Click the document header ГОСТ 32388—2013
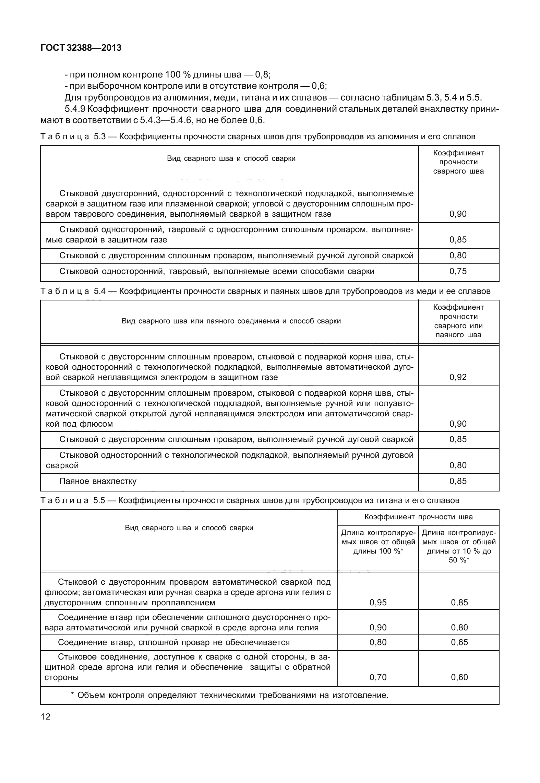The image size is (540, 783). pyautogui.click(x=81, y=48)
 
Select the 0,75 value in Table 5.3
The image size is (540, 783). pyautogui.click(x=458, y=271)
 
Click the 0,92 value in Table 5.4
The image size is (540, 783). pyautogui.click(x=458, y=377)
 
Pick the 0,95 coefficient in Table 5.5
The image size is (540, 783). pyautogui.click(x=378, y=603)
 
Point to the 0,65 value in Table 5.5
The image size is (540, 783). pyautogui.click(x=459, y=642)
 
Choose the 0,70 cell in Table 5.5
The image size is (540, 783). pyautogui.click(x=378, y=677)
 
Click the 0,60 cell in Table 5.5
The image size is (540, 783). pyautogui.click(x=459, y=677)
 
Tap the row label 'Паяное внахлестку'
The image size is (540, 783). pyautogui.click(x=98, y=481)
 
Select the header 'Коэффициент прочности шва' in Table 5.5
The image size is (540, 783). pyautogui.click(x=418, y=517)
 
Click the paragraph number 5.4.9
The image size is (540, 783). pyautogui.click(x=75, y=109)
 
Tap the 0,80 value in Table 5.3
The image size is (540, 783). pyautogui.click(x=458, y=256)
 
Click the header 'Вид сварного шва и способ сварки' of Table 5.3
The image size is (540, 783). pyautogui.click(x=231, y=158)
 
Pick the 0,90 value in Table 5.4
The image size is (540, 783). pyautogui.click(x=458, y=424)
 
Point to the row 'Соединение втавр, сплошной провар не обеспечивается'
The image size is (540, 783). pyautogui.click(x=173, y=642)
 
